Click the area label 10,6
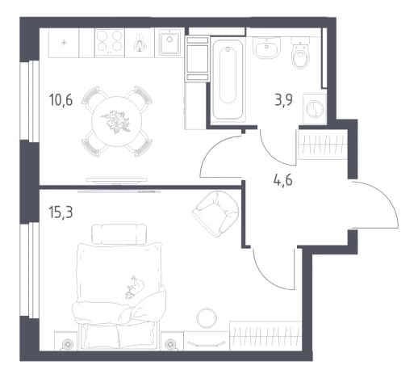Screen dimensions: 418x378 pos(61,100)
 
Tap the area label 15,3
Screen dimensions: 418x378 pos(61,212)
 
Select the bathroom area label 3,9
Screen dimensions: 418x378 pos(283,100)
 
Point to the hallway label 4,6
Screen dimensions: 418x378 pos(283,180)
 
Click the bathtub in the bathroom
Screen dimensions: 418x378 pos(228,79)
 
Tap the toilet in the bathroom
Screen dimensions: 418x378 pos(300,52)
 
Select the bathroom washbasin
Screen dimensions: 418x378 pos(267,48)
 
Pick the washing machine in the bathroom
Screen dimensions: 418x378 pos(315,109)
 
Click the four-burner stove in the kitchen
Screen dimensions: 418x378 pos(110,43)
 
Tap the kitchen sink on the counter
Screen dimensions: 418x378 pos(169,42)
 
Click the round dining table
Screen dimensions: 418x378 pos(117,121)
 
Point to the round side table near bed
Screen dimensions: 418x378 pos(207,318)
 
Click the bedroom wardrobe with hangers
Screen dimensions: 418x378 pos(265,336)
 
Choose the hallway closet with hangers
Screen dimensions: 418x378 pos(322,145)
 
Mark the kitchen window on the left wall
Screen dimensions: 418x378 pos(30,101)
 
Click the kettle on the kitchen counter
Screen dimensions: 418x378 pos(140,43)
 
